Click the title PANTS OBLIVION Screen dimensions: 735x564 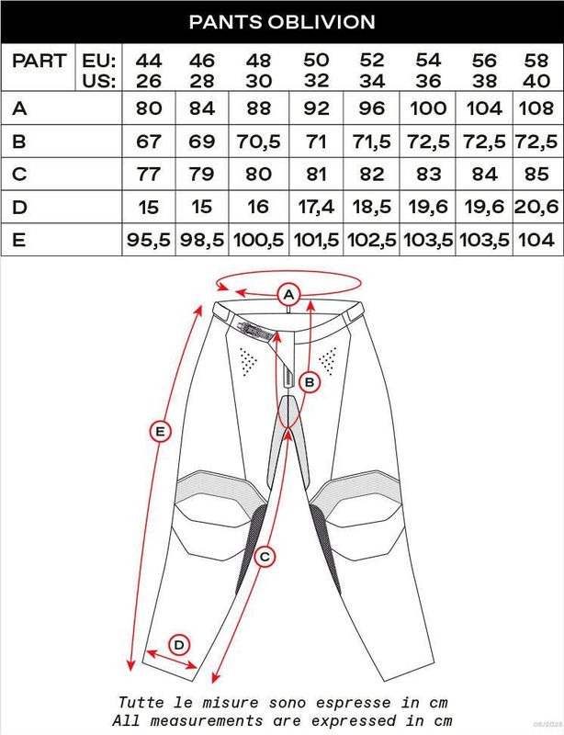[281, 20]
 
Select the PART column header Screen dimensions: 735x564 [39, 62]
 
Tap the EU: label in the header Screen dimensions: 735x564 [97, 61]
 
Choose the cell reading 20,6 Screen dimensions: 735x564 [536, 205]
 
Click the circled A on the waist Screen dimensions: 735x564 [288, 294]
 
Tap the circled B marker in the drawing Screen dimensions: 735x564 [310, 380]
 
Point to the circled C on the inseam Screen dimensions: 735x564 [265, 556]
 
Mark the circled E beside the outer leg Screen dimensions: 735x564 [160, 430]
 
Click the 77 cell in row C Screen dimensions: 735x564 [147, 173]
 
